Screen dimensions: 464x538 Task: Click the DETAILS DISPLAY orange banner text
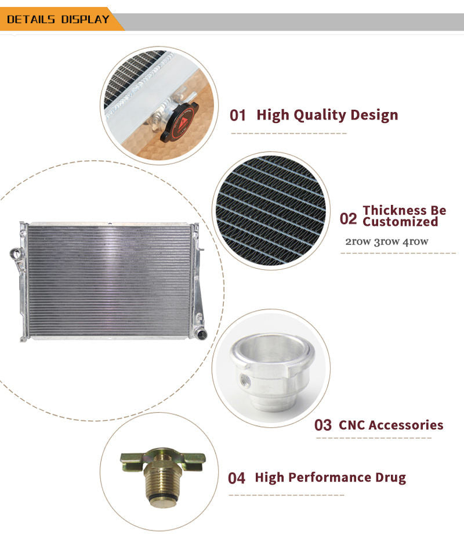pos(58,19)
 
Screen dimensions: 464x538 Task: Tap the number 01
pos(238,115)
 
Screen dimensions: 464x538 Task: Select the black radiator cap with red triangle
pos(179,122)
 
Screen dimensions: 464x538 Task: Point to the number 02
pos(348,219)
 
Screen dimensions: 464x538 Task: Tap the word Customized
pos(400,222)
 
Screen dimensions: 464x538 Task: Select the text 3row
pos(386,241)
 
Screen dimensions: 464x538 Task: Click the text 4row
pos(415,241)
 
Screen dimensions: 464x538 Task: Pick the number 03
pos(322,425)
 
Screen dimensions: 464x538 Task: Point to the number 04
pos(237,478)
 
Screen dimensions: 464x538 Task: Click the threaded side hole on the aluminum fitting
pos(245,380)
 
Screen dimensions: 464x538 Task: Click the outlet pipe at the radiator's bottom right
pos(200,333)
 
